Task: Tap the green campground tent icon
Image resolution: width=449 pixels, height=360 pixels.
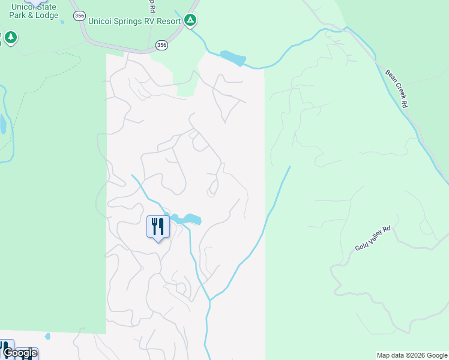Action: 190,21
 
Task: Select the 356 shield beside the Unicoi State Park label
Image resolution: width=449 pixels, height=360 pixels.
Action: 79,16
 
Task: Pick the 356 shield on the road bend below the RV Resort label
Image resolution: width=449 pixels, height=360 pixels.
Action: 161,45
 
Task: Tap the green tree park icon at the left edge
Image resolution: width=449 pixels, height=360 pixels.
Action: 10,38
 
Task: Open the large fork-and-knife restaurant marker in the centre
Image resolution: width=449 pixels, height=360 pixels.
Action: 158,227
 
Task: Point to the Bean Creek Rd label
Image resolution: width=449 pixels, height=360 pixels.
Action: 397,88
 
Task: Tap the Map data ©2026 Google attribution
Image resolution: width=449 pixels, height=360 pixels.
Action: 412,355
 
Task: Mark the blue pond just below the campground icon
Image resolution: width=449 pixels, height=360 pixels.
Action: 233,58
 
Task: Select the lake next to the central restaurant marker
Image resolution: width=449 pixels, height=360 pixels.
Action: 187,219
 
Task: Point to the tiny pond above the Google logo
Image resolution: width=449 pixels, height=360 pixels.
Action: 47,337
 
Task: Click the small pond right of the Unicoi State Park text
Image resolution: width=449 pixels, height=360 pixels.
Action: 63,16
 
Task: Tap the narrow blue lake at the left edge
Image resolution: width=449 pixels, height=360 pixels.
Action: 3,125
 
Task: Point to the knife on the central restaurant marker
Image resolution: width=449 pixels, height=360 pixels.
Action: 161,226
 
